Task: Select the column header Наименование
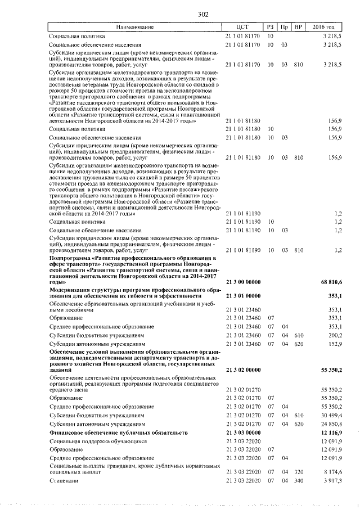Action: pos(134,27)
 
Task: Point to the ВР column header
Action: pos(299,27)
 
